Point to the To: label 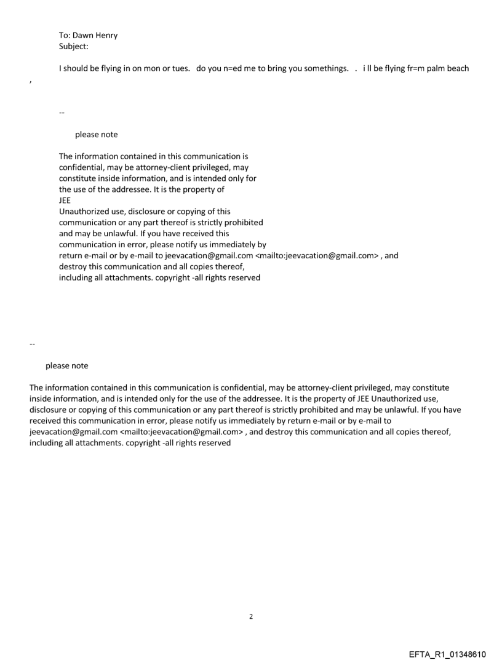[x=65, y=36]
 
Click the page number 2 [x=250, y=616]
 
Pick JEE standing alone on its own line [x=65, y=199]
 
